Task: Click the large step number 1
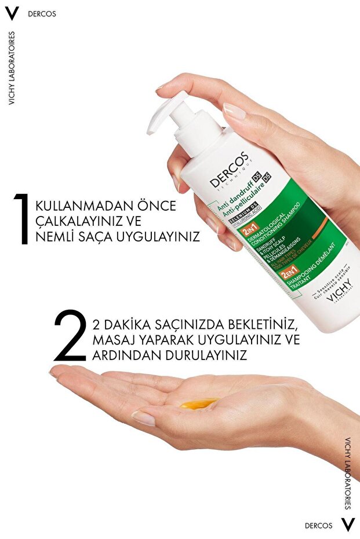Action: [23, 219]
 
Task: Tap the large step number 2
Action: [70, 336]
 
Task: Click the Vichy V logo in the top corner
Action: [12, 13]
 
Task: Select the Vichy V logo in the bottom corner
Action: [347, 525]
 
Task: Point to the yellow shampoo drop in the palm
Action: [199, 403]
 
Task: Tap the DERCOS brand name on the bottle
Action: [230, 170]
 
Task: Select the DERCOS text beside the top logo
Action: [42, 13]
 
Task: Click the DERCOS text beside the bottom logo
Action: [319, 526]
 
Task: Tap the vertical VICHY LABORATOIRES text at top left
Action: [12, 68]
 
